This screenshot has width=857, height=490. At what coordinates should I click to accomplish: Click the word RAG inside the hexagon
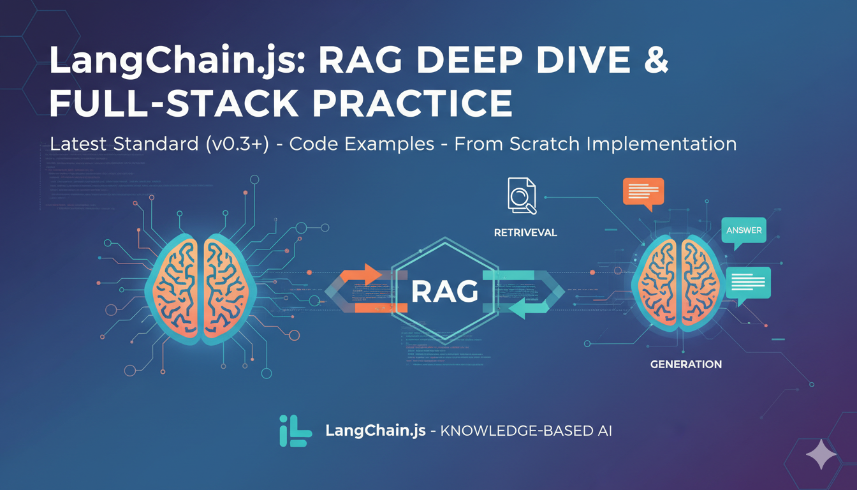444,292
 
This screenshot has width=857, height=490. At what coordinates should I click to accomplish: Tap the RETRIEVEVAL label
525,233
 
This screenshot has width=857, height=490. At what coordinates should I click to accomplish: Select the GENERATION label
685,364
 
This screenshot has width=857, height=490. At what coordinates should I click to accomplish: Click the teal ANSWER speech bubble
743,232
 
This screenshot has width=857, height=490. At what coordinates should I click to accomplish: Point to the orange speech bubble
642,193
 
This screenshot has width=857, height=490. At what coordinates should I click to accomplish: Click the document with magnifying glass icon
521,195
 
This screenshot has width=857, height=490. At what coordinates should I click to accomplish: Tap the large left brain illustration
202,284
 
